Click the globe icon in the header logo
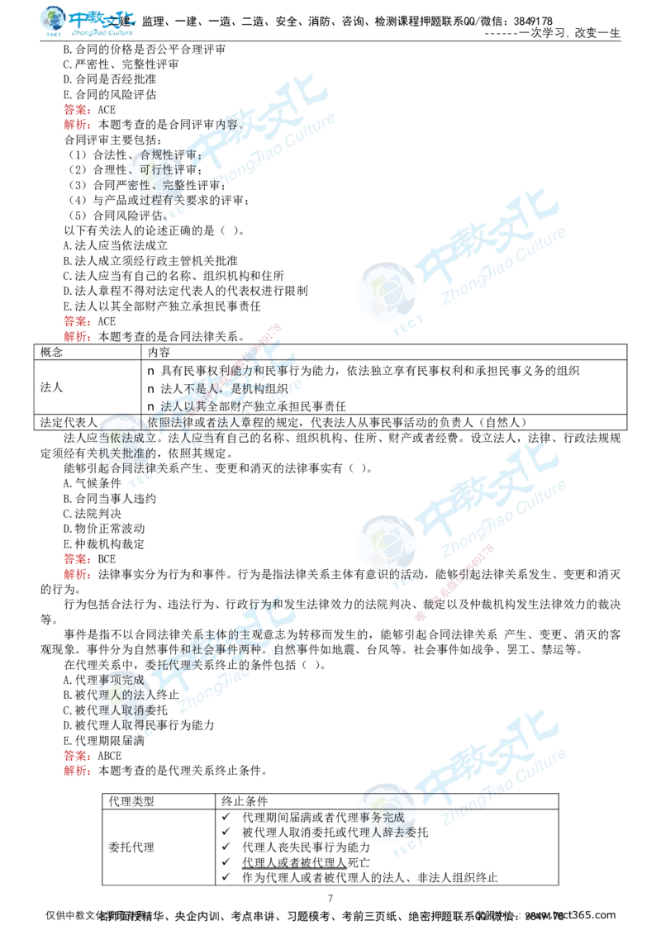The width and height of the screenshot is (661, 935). (x=53, y=23)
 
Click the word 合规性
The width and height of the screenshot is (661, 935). (x=158, y=154)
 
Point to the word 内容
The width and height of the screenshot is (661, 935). (x=226, y=125)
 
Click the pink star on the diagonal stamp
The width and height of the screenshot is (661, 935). (x=420, y=617)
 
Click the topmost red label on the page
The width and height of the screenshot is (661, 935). (x=76, y=109)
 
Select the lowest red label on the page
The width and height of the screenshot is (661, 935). (x=76, y=770)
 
